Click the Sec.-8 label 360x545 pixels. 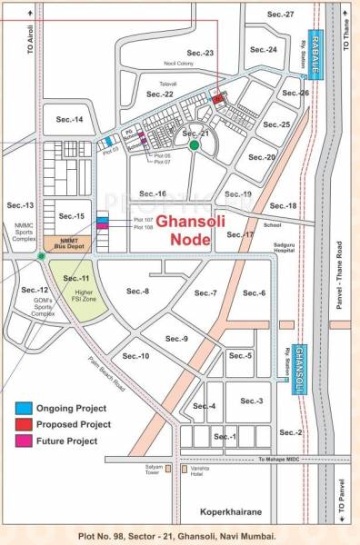tap(138, 291)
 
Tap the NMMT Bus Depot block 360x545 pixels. tap(65, 243)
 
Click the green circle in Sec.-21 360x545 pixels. tap(194, 144)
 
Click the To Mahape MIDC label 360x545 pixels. tap(281, 460)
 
